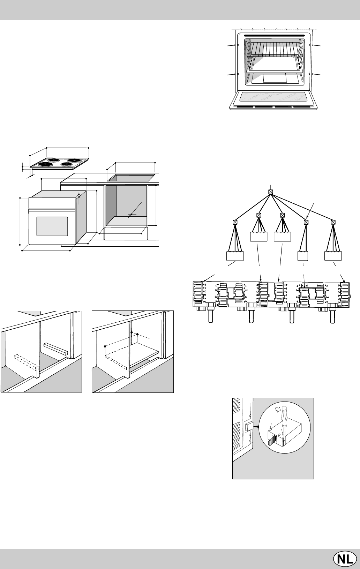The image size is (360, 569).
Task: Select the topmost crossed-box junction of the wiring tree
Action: (270, 192)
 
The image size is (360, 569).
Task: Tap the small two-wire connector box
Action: (303, 256)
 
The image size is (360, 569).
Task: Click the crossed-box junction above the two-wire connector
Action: (306, 222)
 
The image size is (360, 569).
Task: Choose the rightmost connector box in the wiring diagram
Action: (333, 256)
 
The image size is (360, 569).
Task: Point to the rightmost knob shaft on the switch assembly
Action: (333, 315)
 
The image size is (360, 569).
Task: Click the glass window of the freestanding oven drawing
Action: (52, 226)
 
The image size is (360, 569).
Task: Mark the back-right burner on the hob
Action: (74, 160)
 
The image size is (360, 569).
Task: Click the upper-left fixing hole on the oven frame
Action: (238, 45)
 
